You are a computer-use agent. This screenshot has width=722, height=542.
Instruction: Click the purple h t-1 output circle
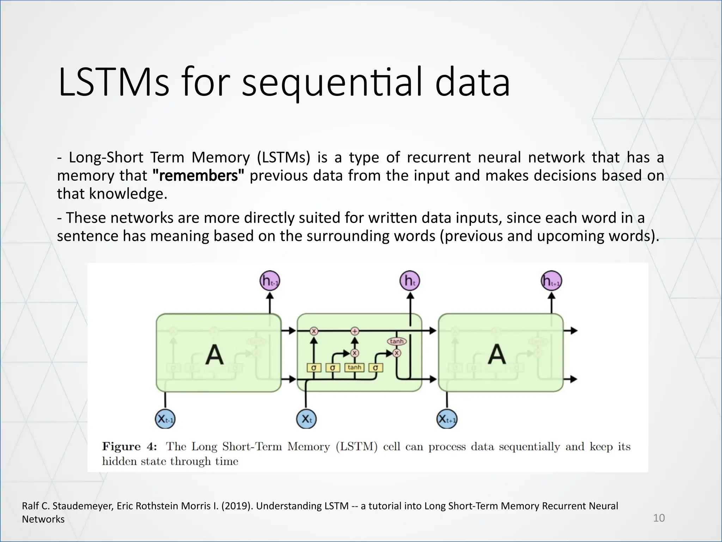[270, 281]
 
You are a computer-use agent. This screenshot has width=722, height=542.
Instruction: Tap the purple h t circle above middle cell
[410, 281]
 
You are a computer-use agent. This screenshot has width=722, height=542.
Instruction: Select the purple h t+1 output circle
[551, 281]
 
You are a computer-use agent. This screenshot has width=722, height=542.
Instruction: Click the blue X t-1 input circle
[165, 419]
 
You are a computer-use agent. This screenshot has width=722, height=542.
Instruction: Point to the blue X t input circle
[306, 419]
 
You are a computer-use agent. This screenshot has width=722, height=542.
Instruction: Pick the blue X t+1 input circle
[447, 419]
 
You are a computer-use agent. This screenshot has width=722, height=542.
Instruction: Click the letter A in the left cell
[214, 355]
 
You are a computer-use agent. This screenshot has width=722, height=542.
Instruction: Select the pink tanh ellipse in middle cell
[397, 341]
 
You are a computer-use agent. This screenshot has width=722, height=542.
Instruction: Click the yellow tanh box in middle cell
[354, 368]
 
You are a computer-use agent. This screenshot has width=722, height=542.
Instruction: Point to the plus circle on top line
[355, 331]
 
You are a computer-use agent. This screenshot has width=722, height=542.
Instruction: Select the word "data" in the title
[472, 84]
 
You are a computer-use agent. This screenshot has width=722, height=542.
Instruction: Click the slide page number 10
[659, 518]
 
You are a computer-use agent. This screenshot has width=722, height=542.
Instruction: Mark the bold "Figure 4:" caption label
[129, 447]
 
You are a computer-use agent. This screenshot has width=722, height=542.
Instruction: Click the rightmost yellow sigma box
[375, 368]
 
